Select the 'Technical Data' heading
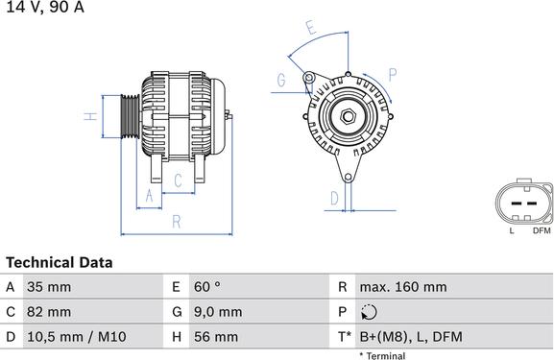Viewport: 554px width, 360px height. pyautogui.click(x=60, y=262)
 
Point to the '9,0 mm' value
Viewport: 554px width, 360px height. pyautogui.click(x=217, y=312)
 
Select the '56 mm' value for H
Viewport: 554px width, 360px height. pyautogui.click(x=215, y=337)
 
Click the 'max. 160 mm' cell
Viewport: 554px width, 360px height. pyautogui.click(x=402, y=287)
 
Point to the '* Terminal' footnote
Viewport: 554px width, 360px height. pyautogui.click(x=382, y=355)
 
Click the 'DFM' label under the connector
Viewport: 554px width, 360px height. pyautogui.click(x=541, y=230)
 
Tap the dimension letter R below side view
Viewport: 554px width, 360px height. pyautogui.click(x=177, y=222)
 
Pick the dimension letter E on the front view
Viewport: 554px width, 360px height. pyautogui.click(x=310, y=29)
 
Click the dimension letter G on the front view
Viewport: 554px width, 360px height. pyautogui.click(x=281, y=81)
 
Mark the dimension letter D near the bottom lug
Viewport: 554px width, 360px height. pyautogui.click(x=333, y=199)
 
